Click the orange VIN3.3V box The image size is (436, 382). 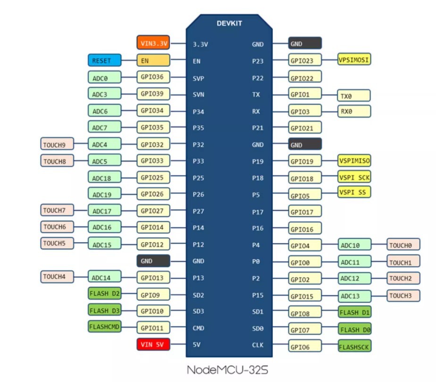[x=153, y=43]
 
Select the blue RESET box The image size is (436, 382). [x=104, y=61]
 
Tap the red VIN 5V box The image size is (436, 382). [x=153, y=345]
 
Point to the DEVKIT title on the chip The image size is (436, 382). [x=229, y=23]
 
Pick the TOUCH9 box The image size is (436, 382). [x=57, y=144]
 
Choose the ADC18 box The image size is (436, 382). [x=104, y=178]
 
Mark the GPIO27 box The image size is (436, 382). [x=153, y=211]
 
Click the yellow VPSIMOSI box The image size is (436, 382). [x=354, y=59]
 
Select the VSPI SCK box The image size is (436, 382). [x=354, y=178]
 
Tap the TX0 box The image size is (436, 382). [x=354, y=96]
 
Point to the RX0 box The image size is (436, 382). [x=354, y=111]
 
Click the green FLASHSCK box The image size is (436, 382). [x=354, y=347]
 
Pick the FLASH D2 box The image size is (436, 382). [x=104, y=293]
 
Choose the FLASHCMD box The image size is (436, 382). [x=104, y=327]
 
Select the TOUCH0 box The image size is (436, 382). [x=403, y=245]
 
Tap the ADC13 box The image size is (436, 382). [x=354, y=296]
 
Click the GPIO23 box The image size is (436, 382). [x=305, y=60]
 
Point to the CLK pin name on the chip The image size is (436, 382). [x=258, y=345]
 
